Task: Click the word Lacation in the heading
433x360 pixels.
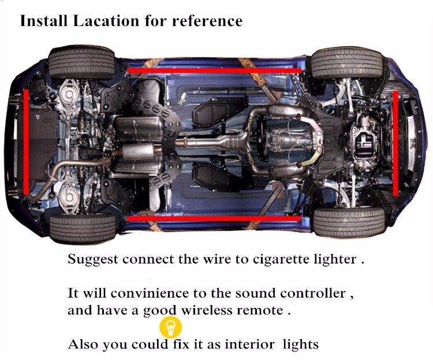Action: (106, 21)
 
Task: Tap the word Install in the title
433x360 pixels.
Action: (44, 21)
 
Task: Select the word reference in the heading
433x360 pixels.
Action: (207, 21)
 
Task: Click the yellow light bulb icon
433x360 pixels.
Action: (171, 328)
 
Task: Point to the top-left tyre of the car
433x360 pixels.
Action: (81, 62)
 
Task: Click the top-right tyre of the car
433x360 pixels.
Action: (346, 63)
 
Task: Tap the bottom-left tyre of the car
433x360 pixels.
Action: (83, 228)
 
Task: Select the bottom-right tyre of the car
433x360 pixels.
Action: (349, 222)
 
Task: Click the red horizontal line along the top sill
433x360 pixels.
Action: (214, 70)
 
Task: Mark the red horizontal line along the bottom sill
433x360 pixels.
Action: (214, 218)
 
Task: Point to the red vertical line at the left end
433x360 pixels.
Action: (26, 142)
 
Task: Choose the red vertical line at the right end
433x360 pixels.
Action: (395, 143)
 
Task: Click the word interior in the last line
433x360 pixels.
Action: (249, 344)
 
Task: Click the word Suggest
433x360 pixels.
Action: (93, 260)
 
